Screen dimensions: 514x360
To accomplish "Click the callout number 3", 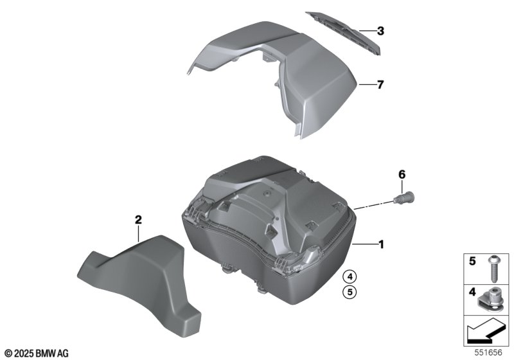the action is tap(380, 31).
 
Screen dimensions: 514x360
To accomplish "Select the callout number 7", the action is tap(380, 85).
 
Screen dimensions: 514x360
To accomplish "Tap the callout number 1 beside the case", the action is tap(381, 244).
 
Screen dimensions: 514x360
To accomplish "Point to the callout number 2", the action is tap(138, 220).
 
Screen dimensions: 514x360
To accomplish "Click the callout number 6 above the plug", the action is tap(402, 174).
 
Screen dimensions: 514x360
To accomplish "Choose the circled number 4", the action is tap(350, 277).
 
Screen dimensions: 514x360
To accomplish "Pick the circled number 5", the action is tap(350, 291).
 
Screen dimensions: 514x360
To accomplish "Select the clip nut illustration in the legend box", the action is tap(491, 300).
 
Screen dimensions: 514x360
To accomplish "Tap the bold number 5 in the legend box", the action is tap(472, 261).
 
